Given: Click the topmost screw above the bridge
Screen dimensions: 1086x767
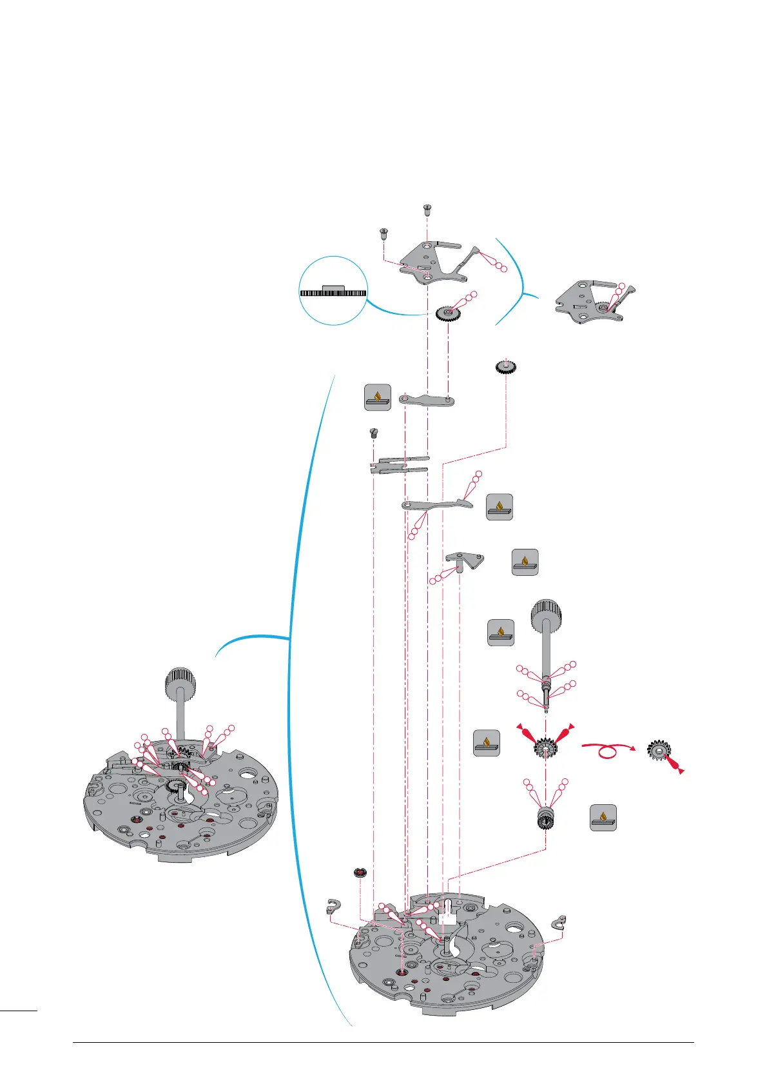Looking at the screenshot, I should click(427, 209).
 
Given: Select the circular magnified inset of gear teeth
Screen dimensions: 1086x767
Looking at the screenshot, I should click(333, 291).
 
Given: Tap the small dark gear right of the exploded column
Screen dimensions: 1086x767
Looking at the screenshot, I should click(506, 367).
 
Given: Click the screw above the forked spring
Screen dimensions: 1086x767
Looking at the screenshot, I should click(373, 433).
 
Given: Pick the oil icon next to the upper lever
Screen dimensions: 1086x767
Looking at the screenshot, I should click(378, 397).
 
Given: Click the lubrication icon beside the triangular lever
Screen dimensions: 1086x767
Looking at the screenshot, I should click(525, 562).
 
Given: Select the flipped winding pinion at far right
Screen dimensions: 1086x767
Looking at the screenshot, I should click(661, 749).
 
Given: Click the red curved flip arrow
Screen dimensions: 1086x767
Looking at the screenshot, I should click(608, 751).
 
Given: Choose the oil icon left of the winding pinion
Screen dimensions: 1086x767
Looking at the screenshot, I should click(486, 743).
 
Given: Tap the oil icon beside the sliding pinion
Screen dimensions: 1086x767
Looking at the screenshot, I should click(603, 818).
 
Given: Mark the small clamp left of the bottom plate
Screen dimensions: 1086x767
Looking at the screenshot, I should click(333, 907).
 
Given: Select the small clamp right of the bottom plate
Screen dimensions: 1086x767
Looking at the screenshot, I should click(559, 922).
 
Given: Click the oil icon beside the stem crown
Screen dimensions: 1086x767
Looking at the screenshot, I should click(501, 633).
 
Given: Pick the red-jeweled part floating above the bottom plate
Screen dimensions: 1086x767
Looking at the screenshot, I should click(359, 873).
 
